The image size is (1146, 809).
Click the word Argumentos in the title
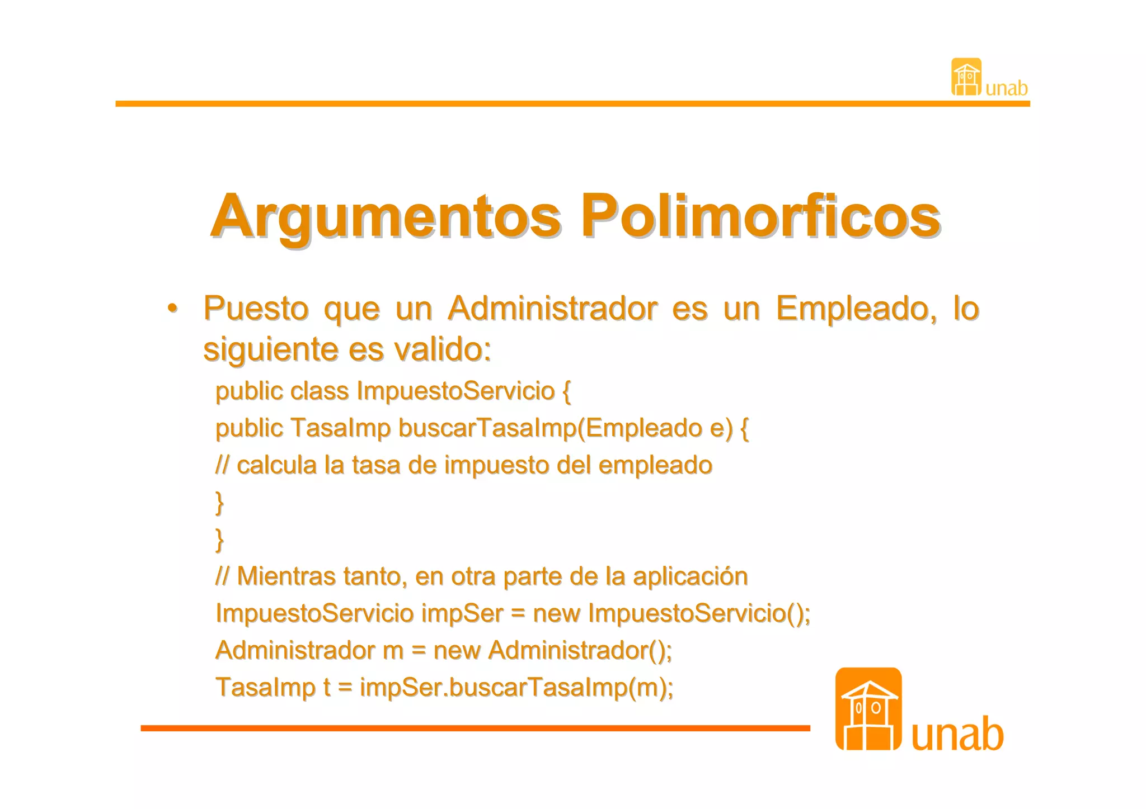point(386,217)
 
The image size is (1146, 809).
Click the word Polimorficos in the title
point(760,217)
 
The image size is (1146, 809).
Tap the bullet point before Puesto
point(173,309)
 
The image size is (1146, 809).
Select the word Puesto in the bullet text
point(256,309)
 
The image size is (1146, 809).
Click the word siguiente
point(270,350)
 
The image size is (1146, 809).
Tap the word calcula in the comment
point(276,465)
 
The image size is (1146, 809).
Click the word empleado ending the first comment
point(655,465)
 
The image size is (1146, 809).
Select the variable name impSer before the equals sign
point(462,613)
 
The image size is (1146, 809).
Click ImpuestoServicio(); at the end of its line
point(699,613)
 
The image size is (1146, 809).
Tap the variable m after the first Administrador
point(393,650)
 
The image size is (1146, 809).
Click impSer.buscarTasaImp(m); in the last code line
point(516,688)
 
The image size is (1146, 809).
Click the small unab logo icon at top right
point(966,77)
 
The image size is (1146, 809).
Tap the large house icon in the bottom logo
point(868,708)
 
